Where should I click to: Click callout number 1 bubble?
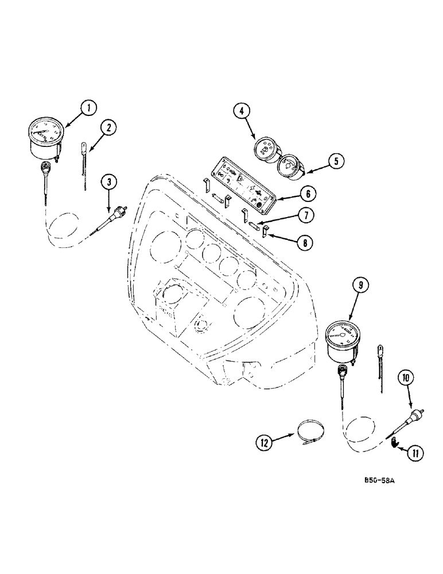pos(89,107)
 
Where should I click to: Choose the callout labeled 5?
pos(337,161)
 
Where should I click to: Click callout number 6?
pos(308,194)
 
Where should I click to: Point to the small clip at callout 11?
pos(394,443)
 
